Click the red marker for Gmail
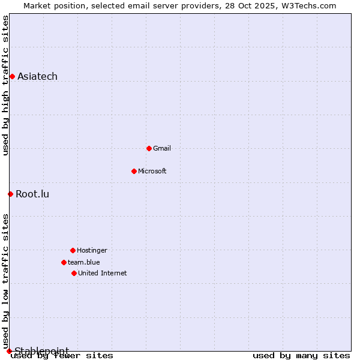149,148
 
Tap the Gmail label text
162,148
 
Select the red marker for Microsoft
134,171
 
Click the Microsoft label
152,171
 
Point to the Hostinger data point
73,250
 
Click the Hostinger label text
92,250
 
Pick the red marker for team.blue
64,262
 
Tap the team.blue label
84,262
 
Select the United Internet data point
74,273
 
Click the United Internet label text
103,273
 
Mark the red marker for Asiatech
12,76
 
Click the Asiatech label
38,76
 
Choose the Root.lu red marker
10,194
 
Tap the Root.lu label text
33,194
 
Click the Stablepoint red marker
9,351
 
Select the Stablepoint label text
42,350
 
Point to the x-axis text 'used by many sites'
301,356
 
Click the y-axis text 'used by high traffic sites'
6,85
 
